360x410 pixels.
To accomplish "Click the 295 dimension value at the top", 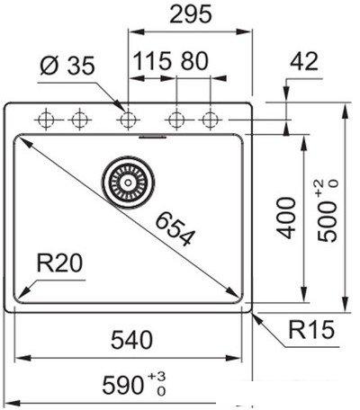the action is (191, 14).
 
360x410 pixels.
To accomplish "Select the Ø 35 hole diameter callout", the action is (67, 66).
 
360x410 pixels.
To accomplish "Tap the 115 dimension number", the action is (152, 61).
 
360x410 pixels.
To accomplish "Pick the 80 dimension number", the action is (194, 61).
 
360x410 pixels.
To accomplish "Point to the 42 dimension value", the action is (304, 61).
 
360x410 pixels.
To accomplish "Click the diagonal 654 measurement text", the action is (175, 228).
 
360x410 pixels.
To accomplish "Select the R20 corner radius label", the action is (59, 263).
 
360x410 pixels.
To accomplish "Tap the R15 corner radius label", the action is (311, 329).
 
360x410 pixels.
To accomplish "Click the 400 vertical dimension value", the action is (286, 218).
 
